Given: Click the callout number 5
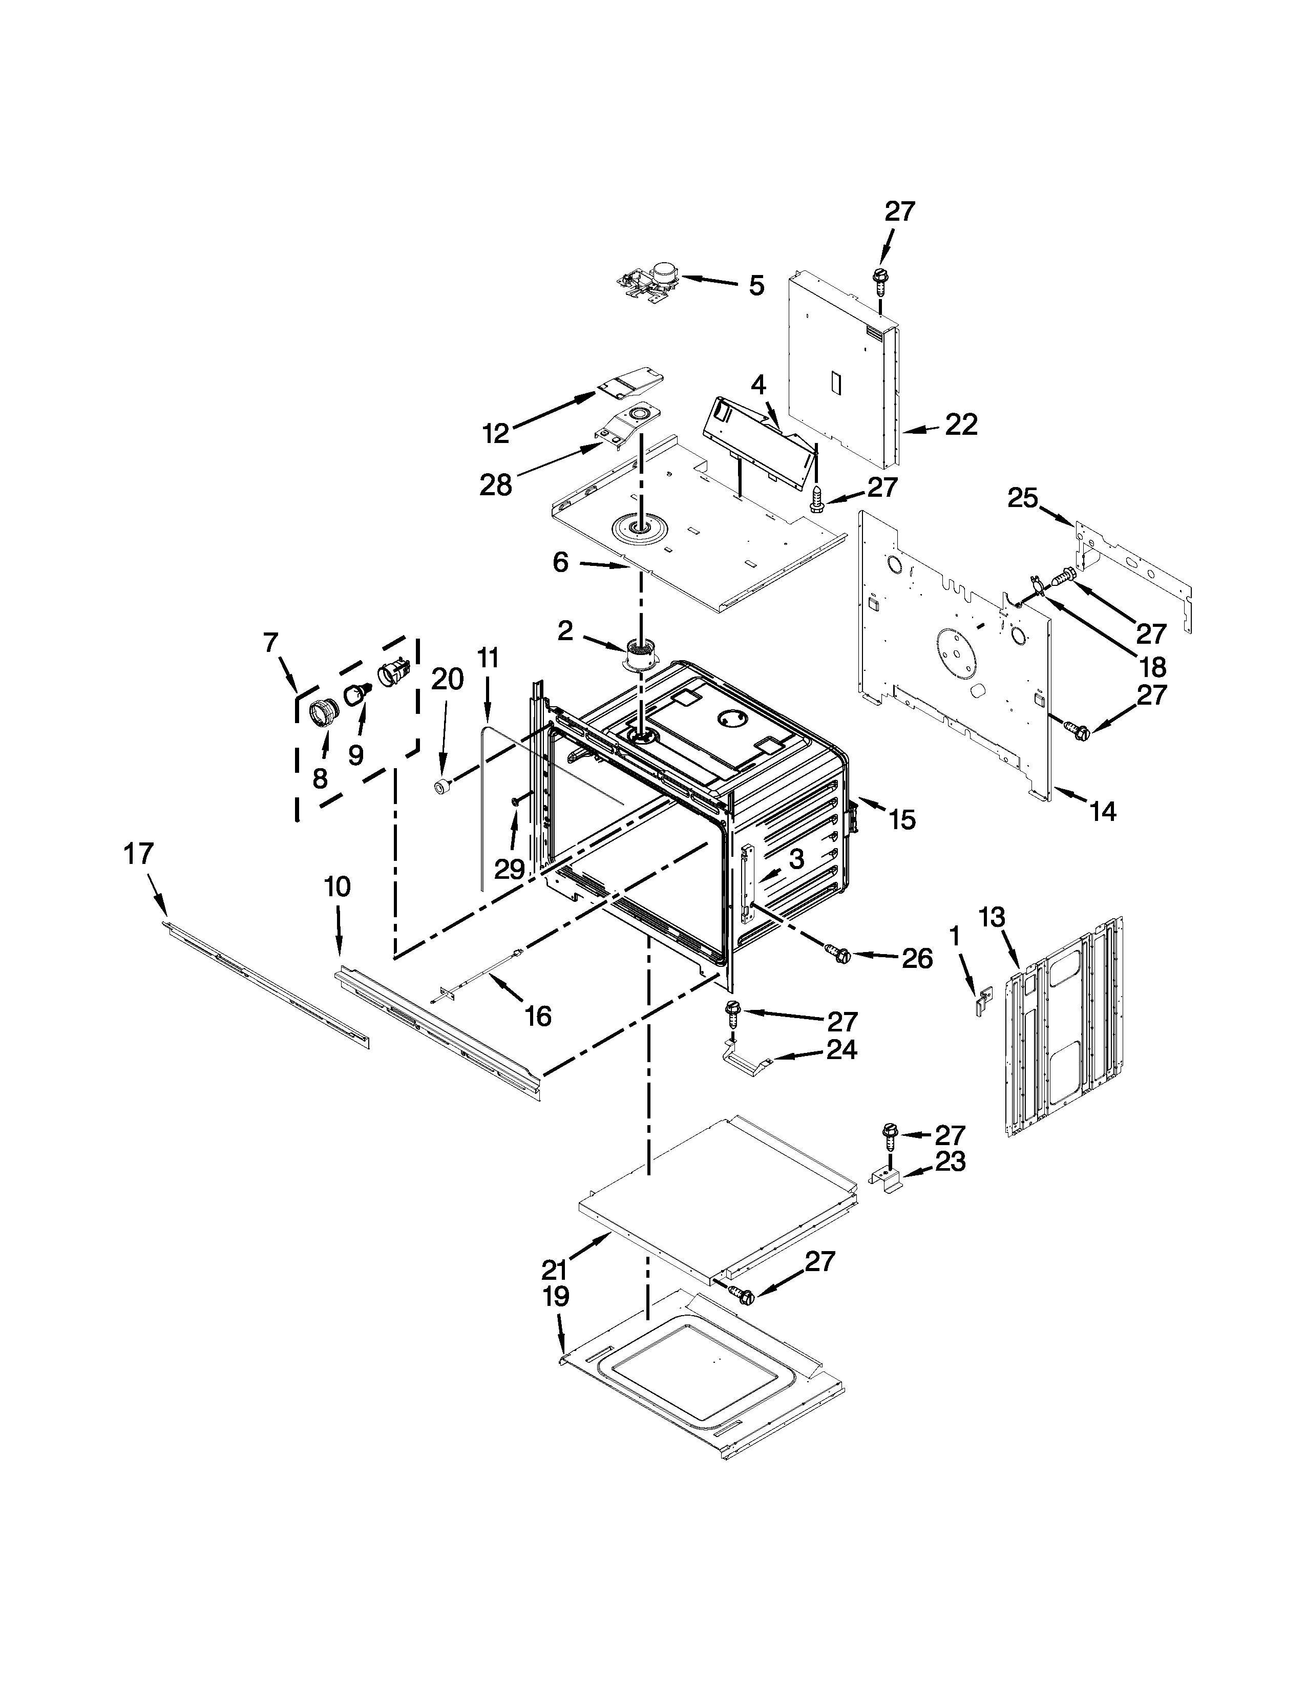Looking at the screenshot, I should click(756, 286).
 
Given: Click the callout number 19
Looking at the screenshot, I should click(556, 1296).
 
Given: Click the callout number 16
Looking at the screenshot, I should click(538, 1016).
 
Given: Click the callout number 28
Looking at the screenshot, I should click(496, 485).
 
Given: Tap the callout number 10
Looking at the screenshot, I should click(338, 887).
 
